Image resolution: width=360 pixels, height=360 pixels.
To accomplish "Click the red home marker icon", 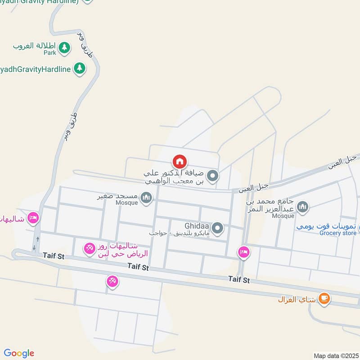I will pos(180,161).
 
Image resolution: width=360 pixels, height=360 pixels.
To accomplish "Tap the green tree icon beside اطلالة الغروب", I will pos(64,47).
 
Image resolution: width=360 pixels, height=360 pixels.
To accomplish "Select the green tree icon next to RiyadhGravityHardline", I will pos(80,68).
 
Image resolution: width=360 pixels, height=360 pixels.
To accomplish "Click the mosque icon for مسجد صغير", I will pos(146,197).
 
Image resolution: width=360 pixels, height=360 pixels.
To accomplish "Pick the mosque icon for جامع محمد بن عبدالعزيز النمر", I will pos(303,207).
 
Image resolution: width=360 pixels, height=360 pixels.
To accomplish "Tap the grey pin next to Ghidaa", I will pos(218,228).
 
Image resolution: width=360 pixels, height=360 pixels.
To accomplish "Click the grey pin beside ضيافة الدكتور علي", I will pos(212,176).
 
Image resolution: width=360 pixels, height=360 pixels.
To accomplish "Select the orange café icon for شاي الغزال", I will pos(324,298).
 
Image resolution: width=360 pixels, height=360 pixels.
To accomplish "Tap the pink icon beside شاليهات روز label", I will pos(90,247).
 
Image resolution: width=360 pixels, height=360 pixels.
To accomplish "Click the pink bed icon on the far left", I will pos(33,218).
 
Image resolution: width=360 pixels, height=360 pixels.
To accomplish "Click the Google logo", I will pos(19,353).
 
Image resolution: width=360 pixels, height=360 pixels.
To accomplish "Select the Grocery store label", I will pos(337,233).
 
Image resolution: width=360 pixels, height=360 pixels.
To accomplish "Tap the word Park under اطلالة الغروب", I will pos(50,53).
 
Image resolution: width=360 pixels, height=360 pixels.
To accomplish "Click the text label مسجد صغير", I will pos(118,197).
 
